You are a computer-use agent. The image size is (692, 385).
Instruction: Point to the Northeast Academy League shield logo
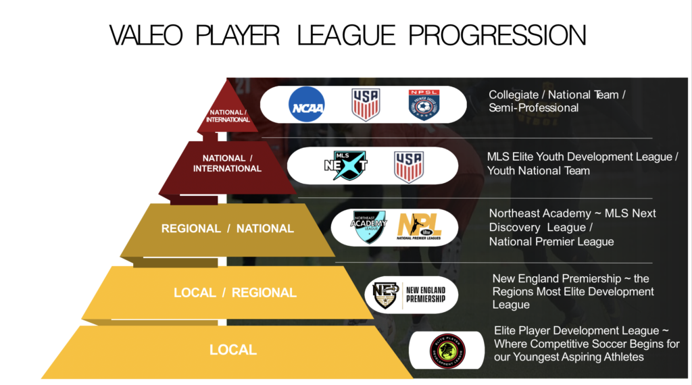pyautogui.click(x=368, y=228)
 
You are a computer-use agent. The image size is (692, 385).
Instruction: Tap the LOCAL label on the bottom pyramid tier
pyautogui.click(x=233, y=350)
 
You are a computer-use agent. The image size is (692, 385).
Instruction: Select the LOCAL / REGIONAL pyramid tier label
pyautogui.click(x=235, y=292)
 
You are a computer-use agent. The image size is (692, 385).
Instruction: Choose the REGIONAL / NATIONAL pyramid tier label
pyautogui.click(x=228, y=228)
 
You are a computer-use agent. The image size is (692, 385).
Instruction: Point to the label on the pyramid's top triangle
pyautogui.click(x=227, y=115)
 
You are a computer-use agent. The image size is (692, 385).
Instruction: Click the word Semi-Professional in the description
pyautogui.click(x=534, y=108)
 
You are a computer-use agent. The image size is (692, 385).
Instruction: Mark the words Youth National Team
pyautogui.click(x=539, y=171)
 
